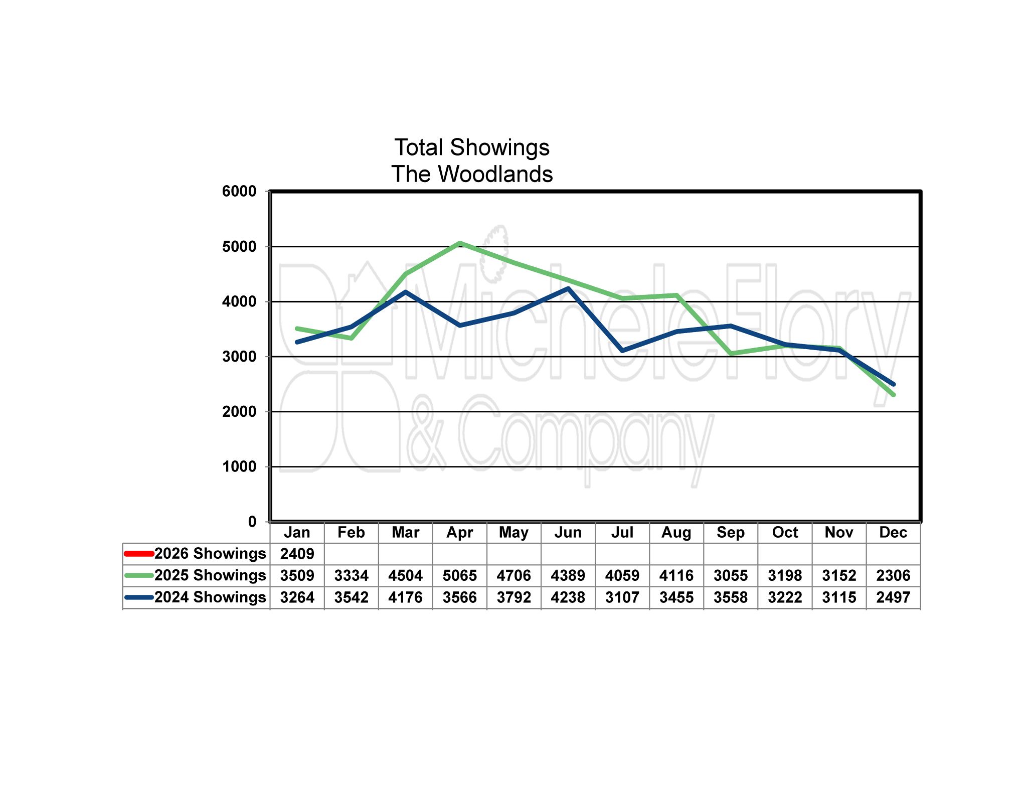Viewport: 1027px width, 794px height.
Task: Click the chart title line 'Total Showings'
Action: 471,147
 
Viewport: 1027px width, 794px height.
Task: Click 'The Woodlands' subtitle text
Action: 471,174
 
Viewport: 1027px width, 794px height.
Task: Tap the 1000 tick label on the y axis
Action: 239,467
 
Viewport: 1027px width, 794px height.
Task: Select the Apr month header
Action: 459,532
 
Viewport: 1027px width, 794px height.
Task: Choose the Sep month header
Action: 730,532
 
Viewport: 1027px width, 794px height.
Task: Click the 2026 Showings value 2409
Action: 297,554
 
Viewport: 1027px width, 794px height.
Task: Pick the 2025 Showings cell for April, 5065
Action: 459,575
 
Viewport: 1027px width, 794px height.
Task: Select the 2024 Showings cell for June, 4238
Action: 568,597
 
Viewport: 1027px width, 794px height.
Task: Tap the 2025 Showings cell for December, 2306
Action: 893,575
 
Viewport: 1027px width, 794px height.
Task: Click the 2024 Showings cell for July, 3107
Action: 622,597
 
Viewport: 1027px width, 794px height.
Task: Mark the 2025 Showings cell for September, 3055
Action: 730,575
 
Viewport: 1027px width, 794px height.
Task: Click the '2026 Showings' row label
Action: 210,554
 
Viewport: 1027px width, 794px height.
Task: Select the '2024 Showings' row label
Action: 210,597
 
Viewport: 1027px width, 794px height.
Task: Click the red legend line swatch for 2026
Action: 138,554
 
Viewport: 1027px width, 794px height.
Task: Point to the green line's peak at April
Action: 460,243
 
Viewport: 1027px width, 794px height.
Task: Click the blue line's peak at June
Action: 568,288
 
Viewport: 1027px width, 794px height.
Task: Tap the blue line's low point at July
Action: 622,351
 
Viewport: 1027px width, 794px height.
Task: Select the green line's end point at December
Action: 893,395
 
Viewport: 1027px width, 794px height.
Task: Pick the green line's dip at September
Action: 731,354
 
